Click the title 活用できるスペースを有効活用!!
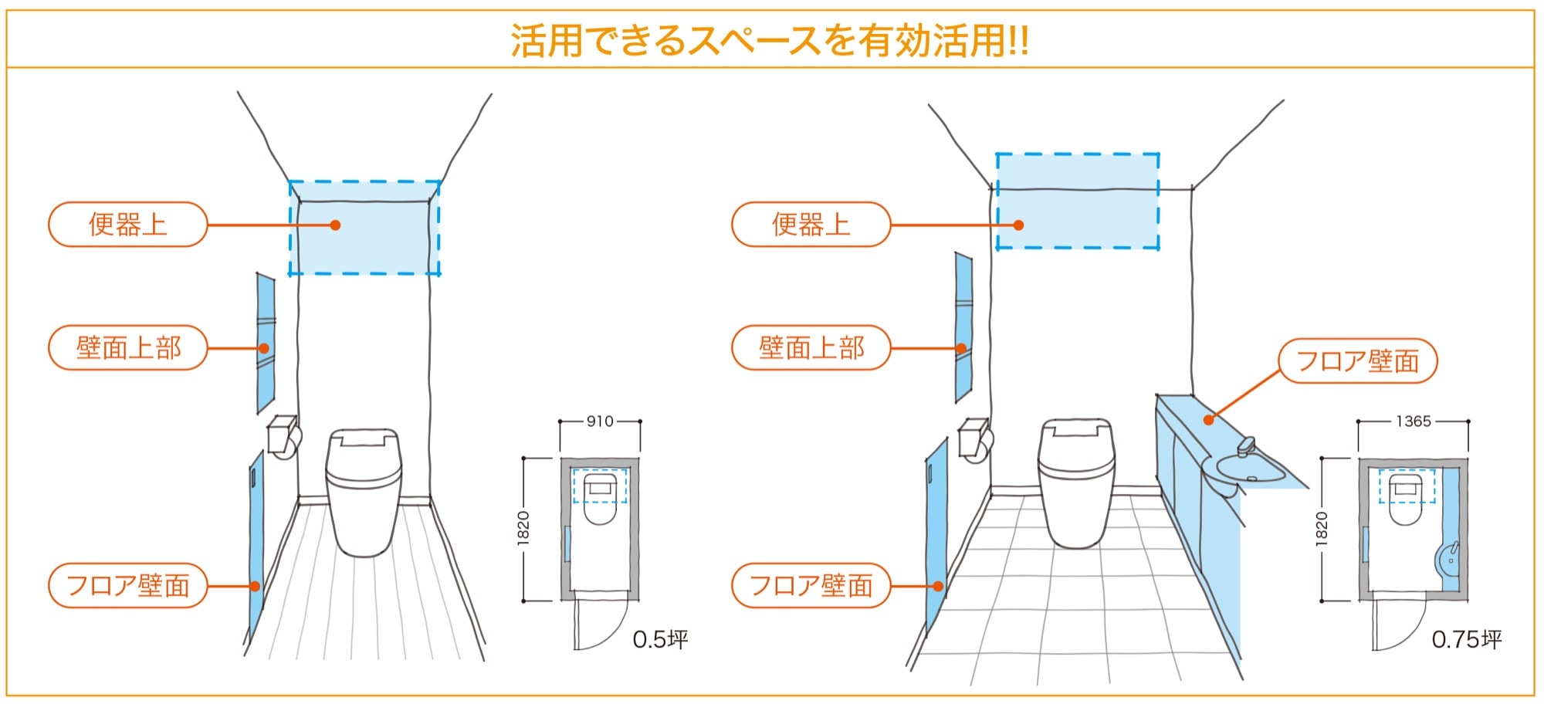(x=770, y=40)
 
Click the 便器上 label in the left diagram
(x=128, y=225)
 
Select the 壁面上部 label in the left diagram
(x=128, y=348)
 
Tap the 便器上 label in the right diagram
(x=811, y=225)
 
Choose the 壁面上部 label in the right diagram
(x=811, y=348)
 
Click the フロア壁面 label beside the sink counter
(x=1357, y=360)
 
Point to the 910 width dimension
(x=600, y=421)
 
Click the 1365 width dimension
(x=1413, y=421)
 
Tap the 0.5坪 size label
(x=660, y=639)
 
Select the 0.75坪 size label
(x=1466, y=639)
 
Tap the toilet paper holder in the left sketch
(x=283, y=437)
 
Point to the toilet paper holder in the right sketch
(x=974, y=440)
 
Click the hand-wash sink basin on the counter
(x=1249, y=469)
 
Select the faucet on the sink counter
(x=1245, y=447)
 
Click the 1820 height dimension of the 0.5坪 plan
(x=523, y=529)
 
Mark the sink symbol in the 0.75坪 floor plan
(x=1447, y=559)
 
